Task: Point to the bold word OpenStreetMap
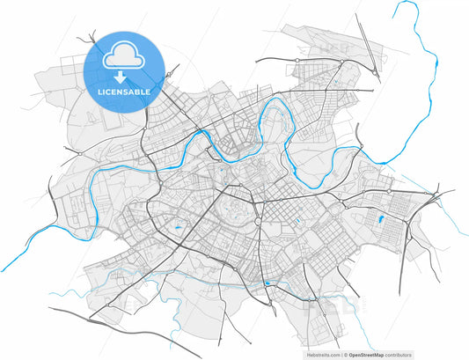point(366,355)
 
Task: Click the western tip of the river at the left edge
point(3,270)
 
